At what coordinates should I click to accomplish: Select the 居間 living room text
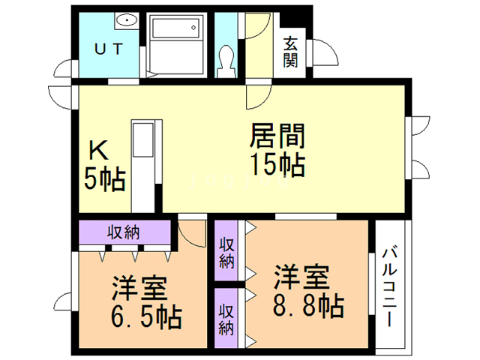[x=277, y=136]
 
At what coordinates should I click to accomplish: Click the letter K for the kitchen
[x=99, y=149]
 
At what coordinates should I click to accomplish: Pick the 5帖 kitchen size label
[x=103, y=179]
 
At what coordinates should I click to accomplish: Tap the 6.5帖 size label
[x=146, y=316]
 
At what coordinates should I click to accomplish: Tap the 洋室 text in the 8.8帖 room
[x=300, y=277]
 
